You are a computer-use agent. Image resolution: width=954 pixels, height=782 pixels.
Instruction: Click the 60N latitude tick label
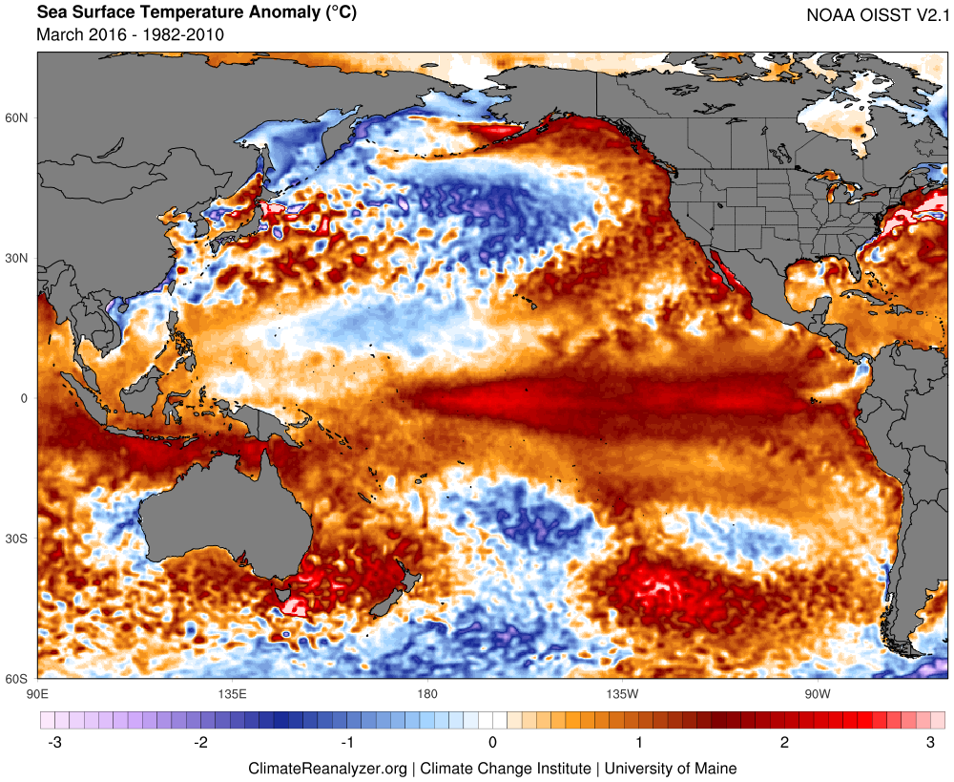click(17, 118)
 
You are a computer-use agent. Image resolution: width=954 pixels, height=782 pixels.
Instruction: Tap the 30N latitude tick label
click(17, 259)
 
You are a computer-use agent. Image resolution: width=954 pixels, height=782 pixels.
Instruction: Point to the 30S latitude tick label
click(17, 539)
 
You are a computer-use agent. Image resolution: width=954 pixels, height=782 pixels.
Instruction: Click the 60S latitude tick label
click(17, 679)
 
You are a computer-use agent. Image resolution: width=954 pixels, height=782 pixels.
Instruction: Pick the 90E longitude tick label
click(37, 693)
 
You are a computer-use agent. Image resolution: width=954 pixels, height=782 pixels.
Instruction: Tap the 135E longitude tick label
click(232, 693)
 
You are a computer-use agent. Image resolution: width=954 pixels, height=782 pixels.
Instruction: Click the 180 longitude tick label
click(426, 693)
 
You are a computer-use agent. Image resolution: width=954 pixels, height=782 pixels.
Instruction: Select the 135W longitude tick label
click(621, 693)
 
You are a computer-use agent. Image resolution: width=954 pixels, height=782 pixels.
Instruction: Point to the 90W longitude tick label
click(816, 693)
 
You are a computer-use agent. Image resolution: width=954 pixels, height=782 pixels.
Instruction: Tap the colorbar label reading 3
click(931, 743)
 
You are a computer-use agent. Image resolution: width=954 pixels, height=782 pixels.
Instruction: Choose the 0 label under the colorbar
click(492, 743)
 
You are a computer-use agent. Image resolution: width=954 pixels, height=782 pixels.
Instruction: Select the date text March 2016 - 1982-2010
click(130, 35)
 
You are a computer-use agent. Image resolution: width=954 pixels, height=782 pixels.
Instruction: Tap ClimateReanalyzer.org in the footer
click(327, 768)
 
